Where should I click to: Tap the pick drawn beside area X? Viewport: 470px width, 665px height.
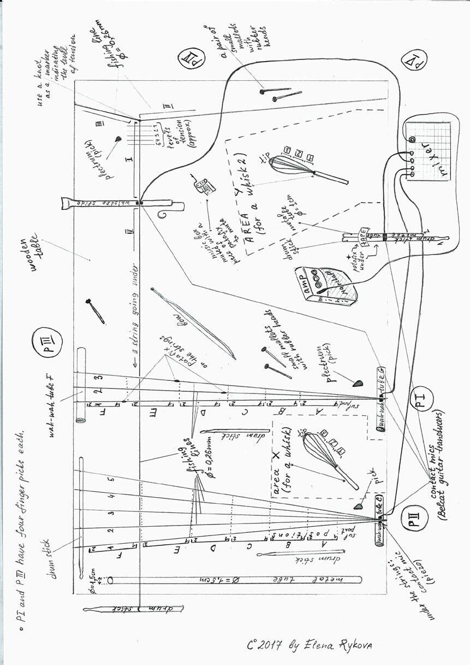click(359, 507)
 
